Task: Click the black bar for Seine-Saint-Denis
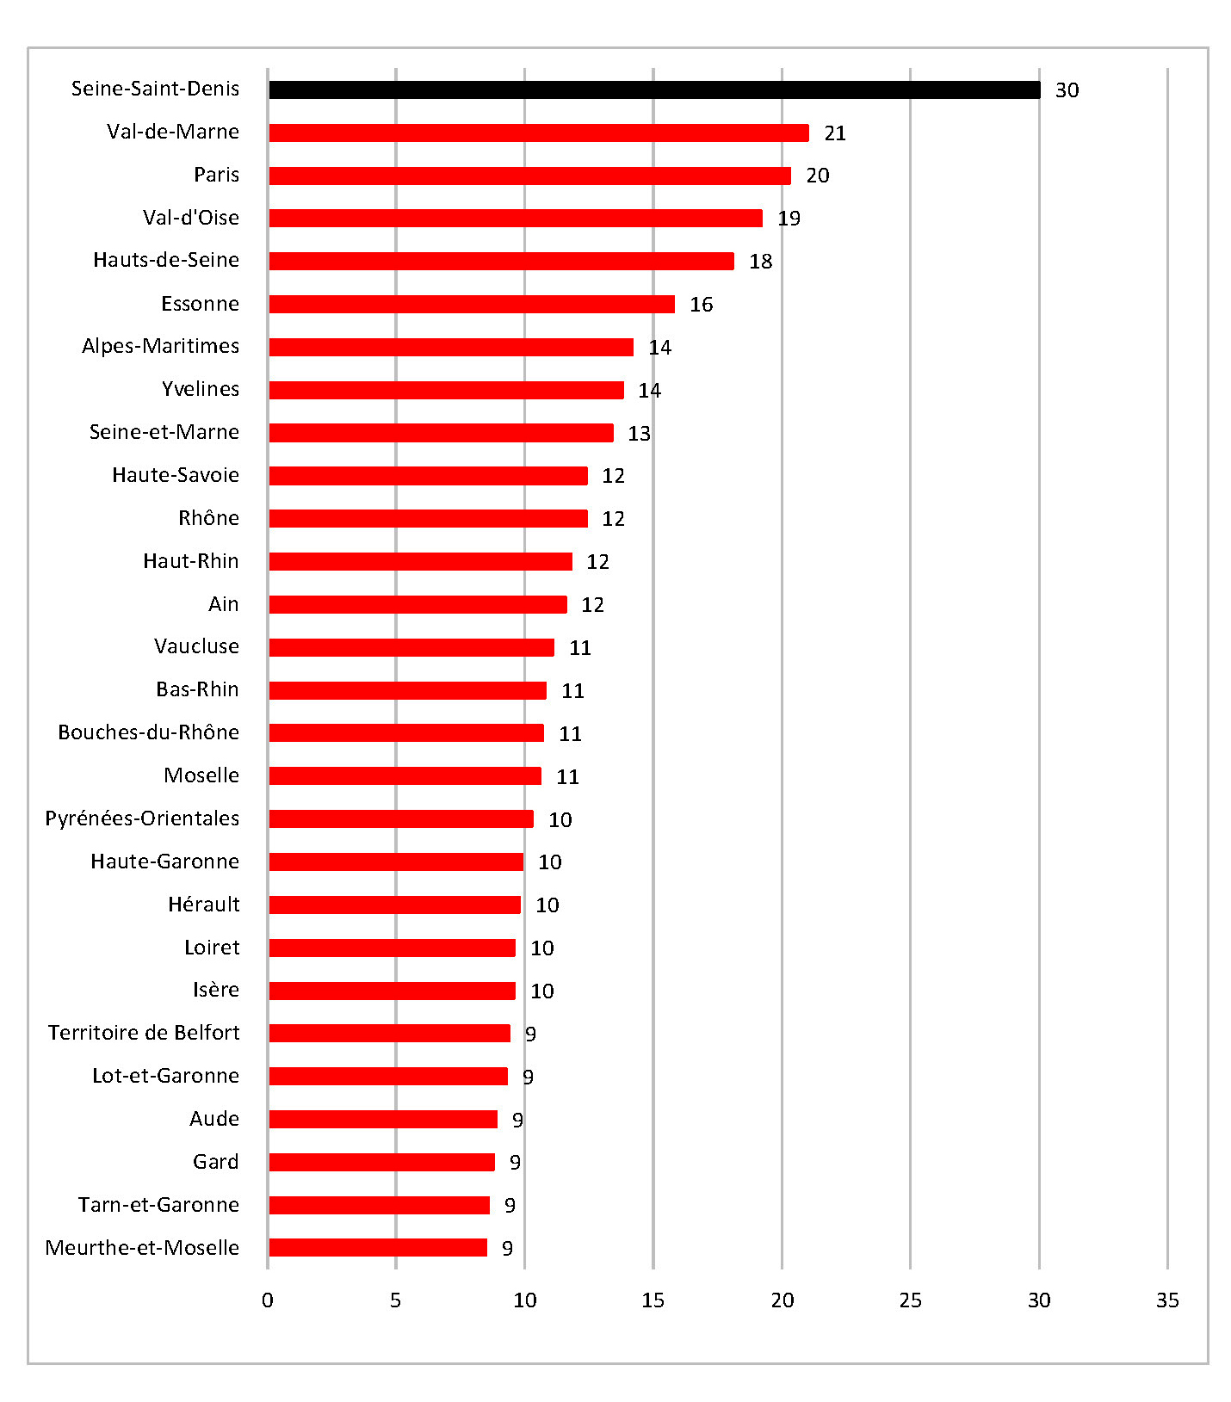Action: (x=654, y=90)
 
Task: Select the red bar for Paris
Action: (x=529, y=176)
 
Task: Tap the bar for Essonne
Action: (x=472, y=304)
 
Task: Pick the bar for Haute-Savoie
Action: (x=428, y=476)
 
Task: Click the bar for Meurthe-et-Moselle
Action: (x=378, y=1247)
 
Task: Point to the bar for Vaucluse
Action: (x=411, y=647)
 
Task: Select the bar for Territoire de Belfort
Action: (x=389, y=1033)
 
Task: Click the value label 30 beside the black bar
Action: (x=1067, y=90)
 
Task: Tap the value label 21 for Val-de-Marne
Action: (x=834, y=133)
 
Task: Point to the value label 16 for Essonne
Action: (x=701, y=305)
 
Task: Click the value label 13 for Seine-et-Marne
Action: (x=639, y=434)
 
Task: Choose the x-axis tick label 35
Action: (x=1166, y=1300)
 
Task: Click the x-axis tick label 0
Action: (x=268, y=1300)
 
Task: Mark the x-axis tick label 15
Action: (x=653, y=1300)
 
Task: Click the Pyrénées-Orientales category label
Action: (x=142, y=818)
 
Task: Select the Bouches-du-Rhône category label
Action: (x=148, y=732)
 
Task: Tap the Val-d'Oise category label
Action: (x=190, y=218)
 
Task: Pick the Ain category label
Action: (x=223, y=604)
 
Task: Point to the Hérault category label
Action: (x=203, y=905)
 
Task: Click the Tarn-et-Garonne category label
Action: (x=158, y=1205)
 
